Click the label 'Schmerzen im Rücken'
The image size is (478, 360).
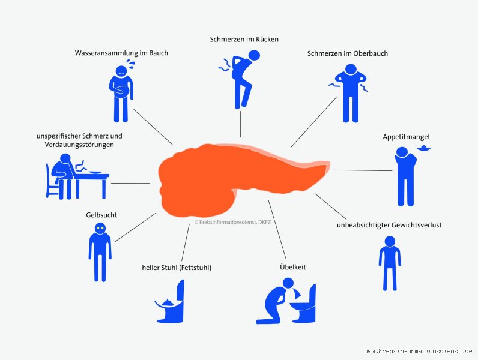[x=244, y=39]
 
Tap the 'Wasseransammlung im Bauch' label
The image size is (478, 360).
[x=121, y=53]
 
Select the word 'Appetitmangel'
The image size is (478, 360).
[x=406, y=137]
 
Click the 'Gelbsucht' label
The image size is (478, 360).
[x=101, y=215]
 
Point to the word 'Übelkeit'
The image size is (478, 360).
[x=293, y=267]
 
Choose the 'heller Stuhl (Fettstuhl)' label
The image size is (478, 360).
[x=177, y=268]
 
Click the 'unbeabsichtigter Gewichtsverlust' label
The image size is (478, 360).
[x=389, y=226]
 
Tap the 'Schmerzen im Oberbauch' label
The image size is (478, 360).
[x=348, y=53]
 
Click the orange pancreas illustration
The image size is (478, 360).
[x=238, y=179]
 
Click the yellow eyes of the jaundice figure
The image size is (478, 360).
[x=100, y=228]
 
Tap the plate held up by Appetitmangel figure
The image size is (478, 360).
[x=424, y=149]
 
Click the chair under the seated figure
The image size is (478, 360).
[x=52, y=182]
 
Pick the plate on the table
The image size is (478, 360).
[x=95, y=173]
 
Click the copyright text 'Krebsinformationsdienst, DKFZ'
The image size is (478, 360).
[x=232, y=223]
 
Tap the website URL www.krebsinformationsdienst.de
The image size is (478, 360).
[x=418, y=351]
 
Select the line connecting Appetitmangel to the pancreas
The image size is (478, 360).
[x=363, y=170]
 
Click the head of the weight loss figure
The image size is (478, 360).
[x=390, y=241]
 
